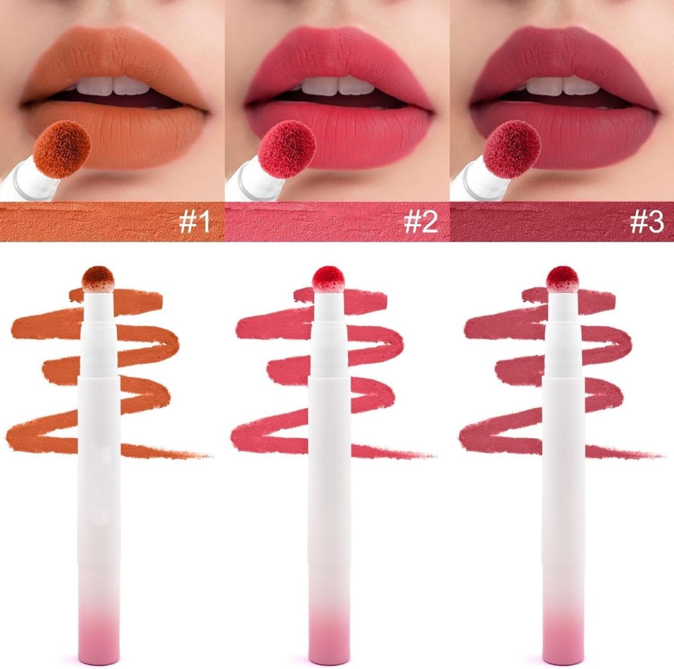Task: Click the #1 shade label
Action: click(x=194, y=222)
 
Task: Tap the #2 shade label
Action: click(x=421, y=222)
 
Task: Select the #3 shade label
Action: click(x=646, y=222)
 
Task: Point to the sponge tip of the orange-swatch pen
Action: click(x=99, y=279)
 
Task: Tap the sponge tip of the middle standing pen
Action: click(x=328, y=279)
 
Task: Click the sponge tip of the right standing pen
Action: click(x=562, y=279)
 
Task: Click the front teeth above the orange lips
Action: click(x=113, y=85)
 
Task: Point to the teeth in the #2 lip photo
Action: click(x=338, y=85)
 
